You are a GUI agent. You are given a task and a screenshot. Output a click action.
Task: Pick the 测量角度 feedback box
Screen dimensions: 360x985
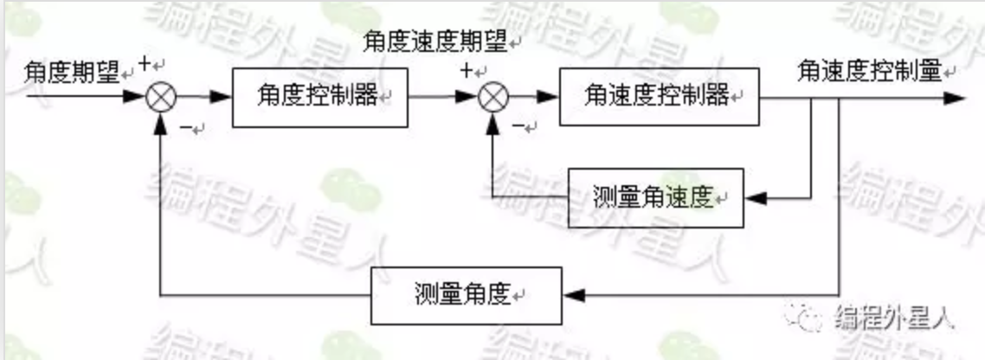[465, 294]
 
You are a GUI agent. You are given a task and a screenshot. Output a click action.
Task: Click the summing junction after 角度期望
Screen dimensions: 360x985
[160, 97]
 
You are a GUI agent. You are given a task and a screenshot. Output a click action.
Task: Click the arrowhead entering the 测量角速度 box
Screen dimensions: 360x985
[755, 197]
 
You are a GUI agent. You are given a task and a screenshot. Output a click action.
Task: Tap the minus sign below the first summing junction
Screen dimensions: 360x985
[186, 128]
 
